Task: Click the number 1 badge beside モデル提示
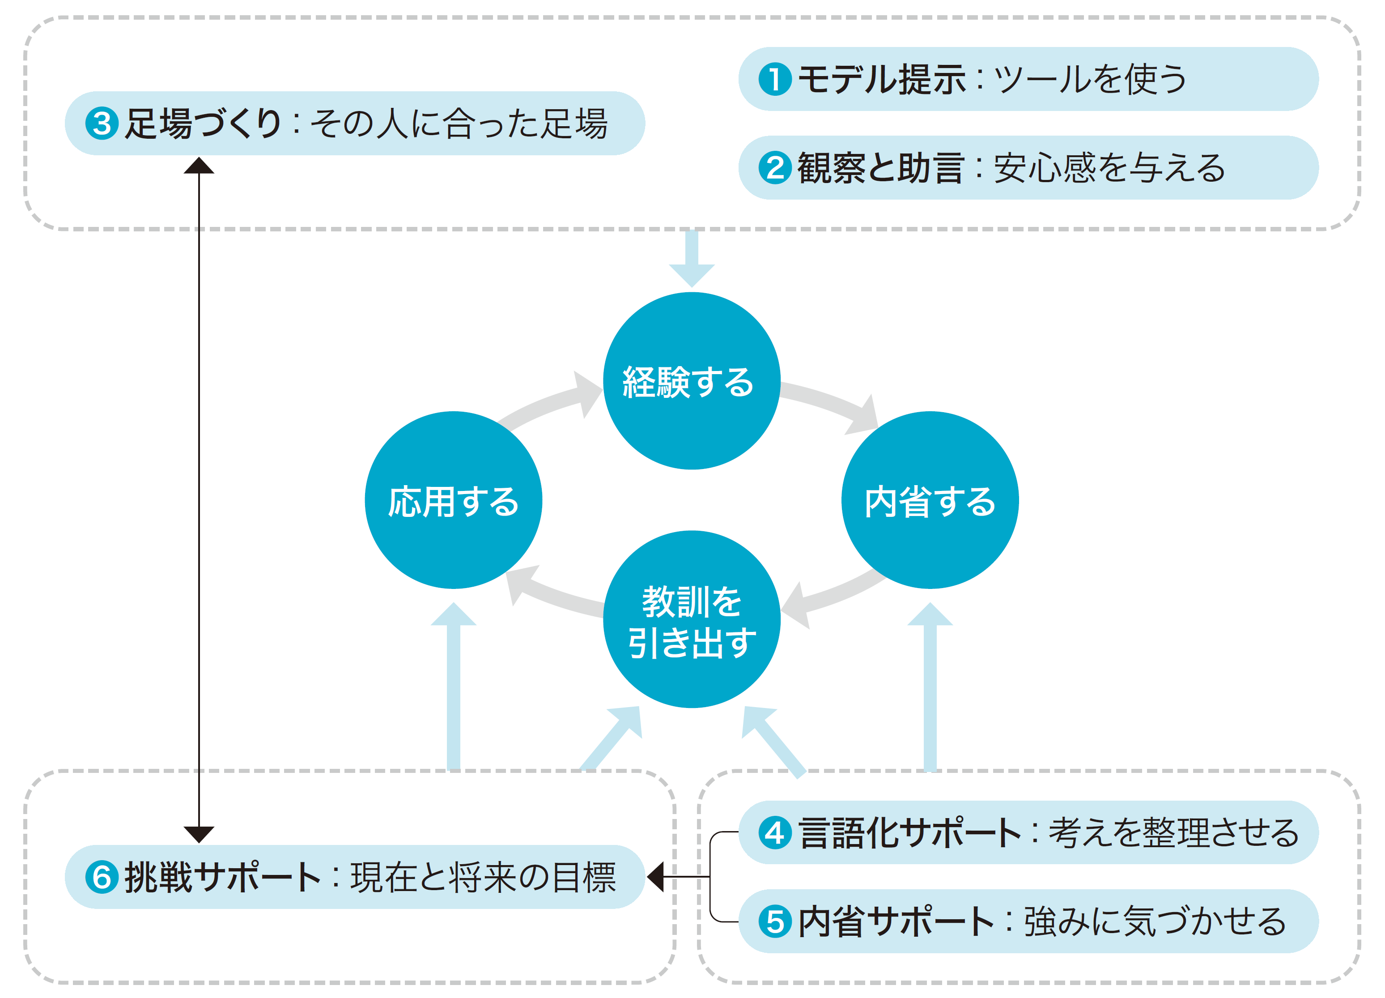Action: (774, 79)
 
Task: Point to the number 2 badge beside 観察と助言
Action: (774, 168)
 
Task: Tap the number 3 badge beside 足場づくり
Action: (102, 124)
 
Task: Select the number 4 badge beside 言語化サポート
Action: (774, 832)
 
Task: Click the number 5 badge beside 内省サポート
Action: (774, 921)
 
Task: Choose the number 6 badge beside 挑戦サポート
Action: (102, 877)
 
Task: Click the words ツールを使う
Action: (1090, 79)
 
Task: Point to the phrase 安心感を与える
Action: (1109, 168)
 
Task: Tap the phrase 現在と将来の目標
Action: (482, 877)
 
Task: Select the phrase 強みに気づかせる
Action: (1154, 921)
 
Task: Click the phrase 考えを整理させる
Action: (1173, 832)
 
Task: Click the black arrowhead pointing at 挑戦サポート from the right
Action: (656, 877)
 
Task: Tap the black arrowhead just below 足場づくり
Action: (199, 166)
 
